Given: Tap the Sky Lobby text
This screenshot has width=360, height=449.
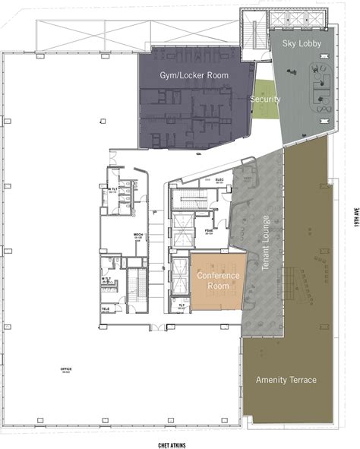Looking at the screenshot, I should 302,44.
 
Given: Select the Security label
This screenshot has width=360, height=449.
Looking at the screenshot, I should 265,100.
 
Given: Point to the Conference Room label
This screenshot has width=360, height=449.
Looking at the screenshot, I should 218,280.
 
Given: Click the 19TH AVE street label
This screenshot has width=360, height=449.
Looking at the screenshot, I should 354,220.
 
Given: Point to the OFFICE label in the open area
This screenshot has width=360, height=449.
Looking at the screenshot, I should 66,370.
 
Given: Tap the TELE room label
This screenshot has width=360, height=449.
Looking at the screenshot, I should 106,309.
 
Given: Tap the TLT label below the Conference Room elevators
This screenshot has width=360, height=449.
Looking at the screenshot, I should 181,306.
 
